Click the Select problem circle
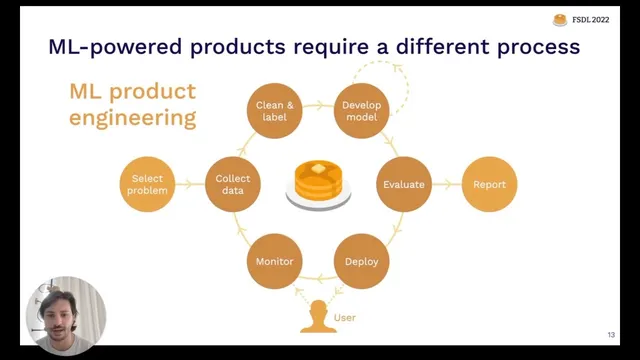coord(147,184)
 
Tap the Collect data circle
coord(233,184)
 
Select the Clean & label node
coord(274,110)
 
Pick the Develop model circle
coord(361,110)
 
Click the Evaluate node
coord(404,184)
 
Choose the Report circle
coord(489,184)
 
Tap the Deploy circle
coord(361,261)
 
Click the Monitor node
coord(274,261)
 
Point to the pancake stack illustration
coord(318,184)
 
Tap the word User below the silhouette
coord(345,318)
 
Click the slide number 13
coord(610,334)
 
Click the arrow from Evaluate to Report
coord(446,184)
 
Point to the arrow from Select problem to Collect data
coord(190,184)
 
